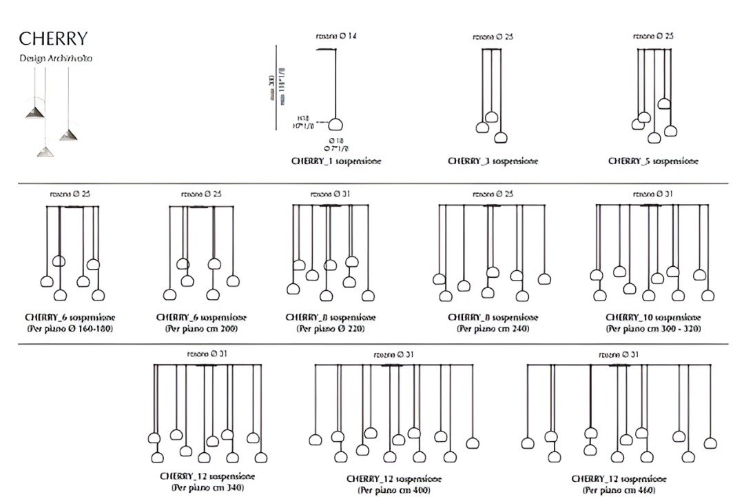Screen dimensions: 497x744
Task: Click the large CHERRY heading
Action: tap(53, 38)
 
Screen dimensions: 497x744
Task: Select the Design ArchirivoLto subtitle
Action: tap(55, 59)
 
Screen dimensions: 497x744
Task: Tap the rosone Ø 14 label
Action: tap(335, 36)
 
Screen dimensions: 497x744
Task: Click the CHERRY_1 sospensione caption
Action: tap(336, 161)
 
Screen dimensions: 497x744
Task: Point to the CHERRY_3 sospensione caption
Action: tap(493, 161)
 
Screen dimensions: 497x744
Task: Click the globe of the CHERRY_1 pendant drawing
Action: tap(335, 125)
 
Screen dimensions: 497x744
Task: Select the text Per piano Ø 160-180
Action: tap(70, 328)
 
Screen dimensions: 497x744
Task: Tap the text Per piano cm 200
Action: tap(201, 328)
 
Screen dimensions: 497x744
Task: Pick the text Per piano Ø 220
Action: tap(330, 328)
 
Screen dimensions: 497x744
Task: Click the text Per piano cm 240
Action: tap(493, 328)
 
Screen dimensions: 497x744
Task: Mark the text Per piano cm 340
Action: tap(207, 487)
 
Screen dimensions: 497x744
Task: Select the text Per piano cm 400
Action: tap(393, 489)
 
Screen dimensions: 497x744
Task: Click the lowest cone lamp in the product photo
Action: tap(46, 151)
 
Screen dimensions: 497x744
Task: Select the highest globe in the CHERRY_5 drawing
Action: tap(664, 104)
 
